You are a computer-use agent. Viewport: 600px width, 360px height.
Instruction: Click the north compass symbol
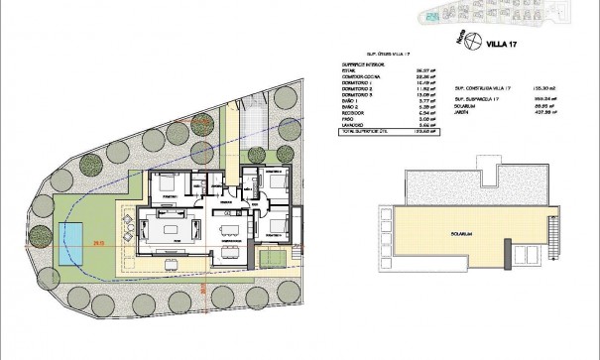pyautogui.click(x=475, y=42)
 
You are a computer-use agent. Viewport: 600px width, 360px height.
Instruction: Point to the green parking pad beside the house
pyautogui.click(x=271, y=259)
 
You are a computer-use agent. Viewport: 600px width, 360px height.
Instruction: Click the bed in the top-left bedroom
pyautogui.click(x=165, y=183)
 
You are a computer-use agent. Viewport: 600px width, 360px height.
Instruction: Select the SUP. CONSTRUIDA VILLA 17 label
pyautogui.click(x=488, y=87)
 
